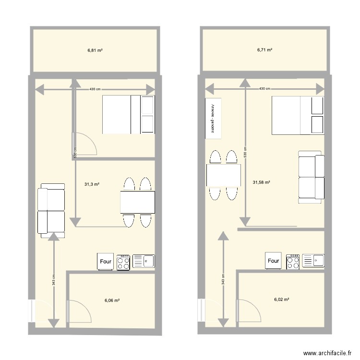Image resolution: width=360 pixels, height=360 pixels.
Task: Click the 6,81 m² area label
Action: pos(95,50)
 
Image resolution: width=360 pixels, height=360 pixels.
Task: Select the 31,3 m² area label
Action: pos(92,184)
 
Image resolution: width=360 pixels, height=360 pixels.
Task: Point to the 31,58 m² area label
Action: pos(261,182)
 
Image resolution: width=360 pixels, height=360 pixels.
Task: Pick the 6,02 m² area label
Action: pos(282,300)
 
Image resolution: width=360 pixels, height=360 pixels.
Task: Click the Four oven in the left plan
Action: pos(106,262)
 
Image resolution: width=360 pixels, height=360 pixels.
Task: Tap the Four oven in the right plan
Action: pos(273,261)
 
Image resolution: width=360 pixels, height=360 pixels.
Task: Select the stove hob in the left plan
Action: pos(123,262)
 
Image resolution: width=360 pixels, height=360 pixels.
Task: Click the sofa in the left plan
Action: pos(51,210)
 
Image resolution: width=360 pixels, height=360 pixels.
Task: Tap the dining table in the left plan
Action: pos(138,202)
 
